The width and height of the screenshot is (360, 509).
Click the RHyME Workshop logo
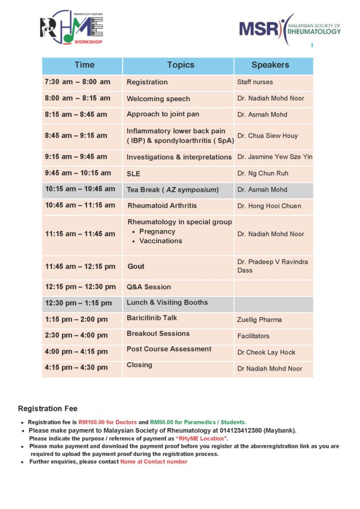point(72,28)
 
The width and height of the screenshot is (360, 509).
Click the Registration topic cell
point(147,82)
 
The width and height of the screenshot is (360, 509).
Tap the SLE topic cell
point(133,174)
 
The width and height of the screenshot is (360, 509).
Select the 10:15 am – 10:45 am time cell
point(80,189)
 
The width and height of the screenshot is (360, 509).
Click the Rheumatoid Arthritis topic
point(162,205)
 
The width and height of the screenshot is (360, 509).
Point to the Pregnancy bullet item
point(157,232)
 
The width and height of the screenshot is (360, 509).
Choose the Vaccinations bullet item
point(161,241)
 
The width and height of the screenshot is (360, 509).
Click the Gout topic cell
point(136,266)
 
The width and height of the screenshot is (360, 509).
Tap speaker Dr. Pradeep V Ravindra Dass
point(272,266)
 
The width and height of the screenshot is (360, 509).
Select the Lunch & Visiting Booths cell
point(167,302)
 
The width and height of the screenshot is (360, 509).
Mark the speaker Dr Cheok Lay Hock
point(266,352)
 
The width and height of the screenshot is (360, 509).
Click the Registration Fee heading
point(48,409)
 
